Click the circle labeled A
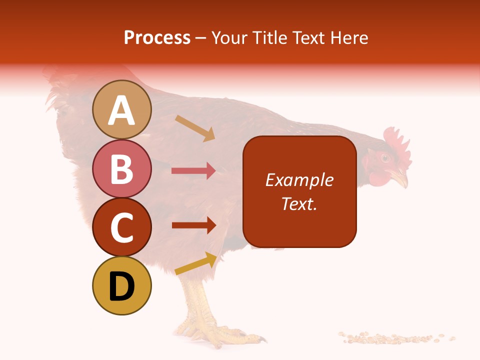click(x=122, y=109)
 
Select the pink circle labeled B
click(x=122, y=168)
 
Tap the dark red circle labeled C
click(x=122, y=227)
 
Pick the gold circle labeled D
click(x=122, y=285)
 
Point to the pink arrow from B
click(x=193, y=171)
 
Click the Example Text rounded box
click(x=299, y=191)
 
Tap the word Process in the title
click(x=157, y=37)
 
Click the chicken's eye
click(x=385, y=158)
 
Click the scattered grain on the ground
click(x=395, y=338)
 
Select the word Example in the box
click(x=299, y=180)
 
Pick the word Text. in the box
click(x=299, y=203)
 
